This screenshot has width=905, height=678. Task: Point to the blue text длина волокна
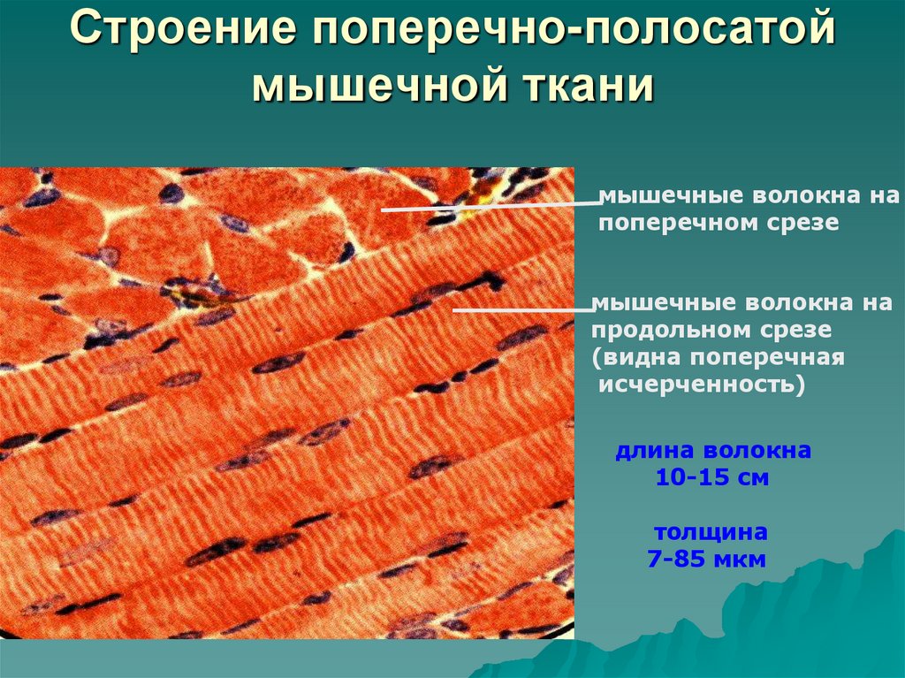pos(713,451)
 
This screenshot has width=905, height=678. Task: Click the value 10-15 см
pos(712,478)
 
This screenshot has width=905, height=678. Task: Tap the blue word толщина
pos(711,532)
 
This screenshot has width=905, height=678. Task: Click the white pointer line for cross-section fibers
pos(490,207)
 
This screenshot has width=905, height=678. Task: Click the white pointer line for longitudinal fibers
pos(521,310)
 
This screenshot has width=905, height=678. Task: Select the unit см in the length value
pos(754,478)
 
